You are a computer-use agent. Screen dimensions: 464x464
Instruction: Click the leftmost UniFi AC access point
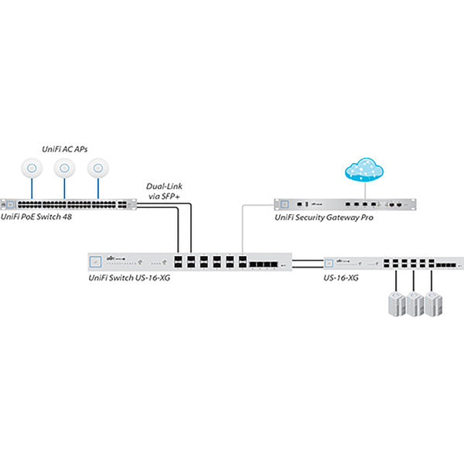coord(32,167)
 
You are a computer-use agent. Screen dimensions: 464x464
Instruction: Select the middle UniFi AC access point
coord(65,167)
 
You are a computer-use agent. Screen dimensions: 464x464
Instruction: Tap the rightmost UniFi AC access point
coord(97,167)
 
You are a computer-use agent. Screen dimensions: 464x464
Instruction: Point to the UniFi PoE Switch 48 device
coord(68,205)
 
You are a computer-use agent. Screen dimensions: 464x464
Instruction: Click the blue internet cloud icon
coord(362,169)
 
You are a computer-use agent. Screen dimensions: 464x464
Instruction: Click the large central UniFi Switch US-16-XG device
coord(189,262)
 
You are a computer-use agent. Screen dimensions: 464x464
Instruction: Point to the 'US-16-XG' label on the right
coord(342,277)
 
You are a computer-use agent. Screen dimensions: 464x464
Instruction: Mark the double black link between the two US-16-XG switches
coord(307,263)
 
